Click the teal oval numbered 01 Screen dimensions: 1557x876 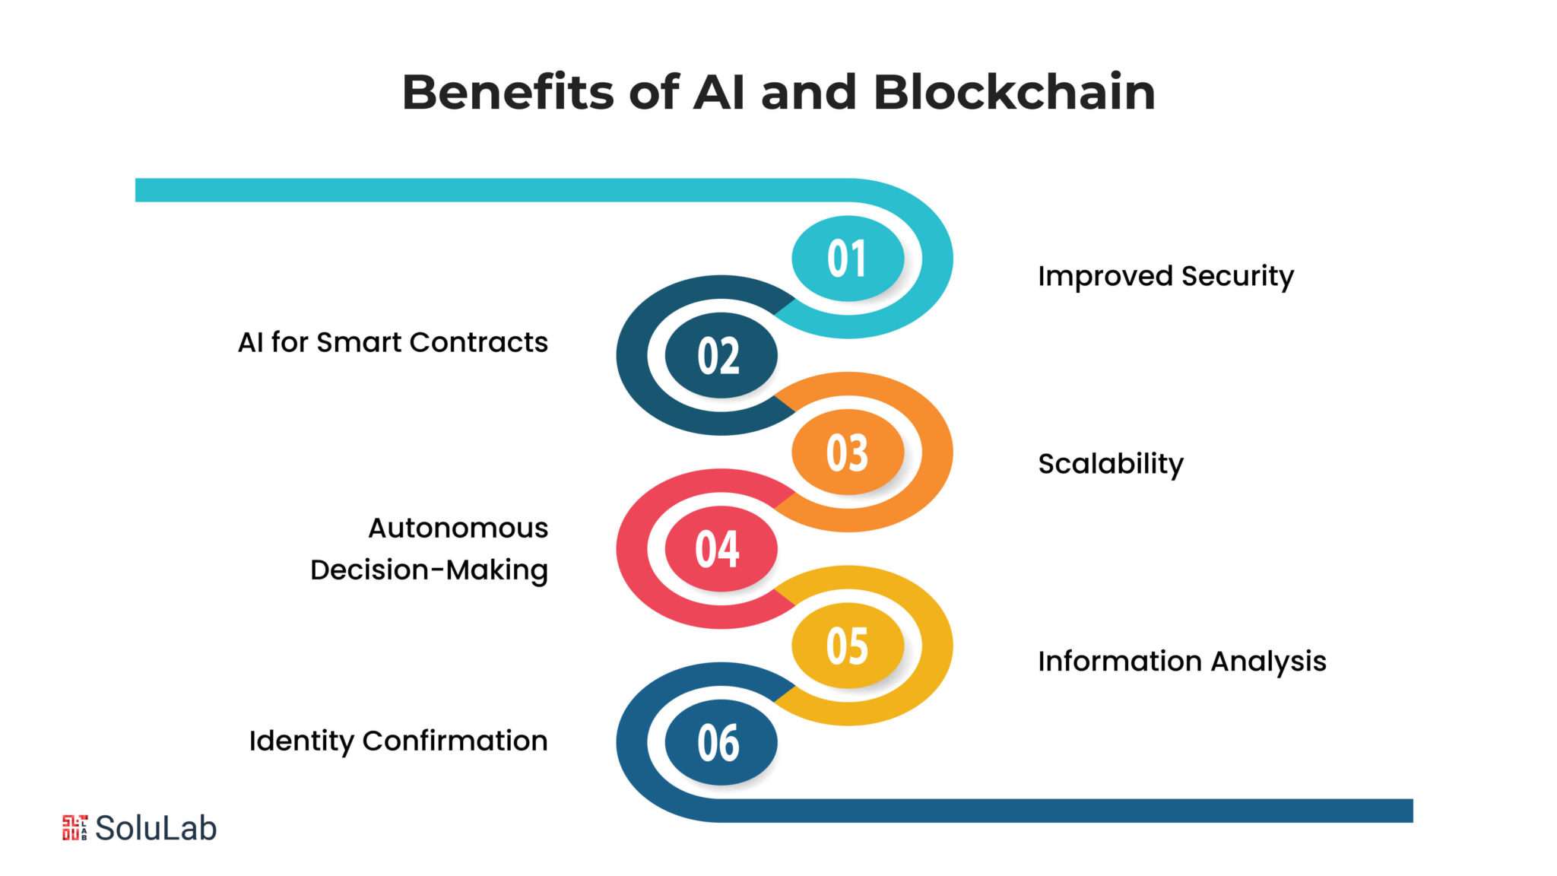coord(848,259)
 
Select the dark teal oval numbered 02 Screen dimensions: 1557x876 coord(721,355)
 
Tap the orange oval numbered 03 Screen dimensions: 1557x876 coord(848,452)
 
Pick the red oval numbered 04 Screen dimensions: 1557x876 coord(721,548)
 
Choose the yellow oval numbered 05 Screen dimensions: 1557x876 coord(848,646)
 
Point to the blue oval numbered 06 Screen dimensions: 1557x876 coord(721,742)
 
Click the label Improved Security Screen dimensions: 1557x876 coord(1165,277)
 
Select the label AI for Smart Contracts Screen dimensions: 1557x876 coord(393,343)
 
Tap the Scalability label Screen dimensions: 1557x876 coord(1111,464)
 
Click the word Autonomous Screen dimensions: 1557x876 coord(458,528)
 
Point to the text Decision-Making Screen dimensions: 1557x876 coord(429,570)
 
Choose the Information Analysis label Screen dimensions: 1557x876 coord(1182,662)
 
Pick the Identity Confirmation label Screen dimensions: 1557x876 coord(398,741)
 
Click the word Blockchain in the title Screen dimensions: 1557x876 coord(1014,92)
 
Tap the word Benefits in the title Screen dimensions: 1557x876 coord(508,92)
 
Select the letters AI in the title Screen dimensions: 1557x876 coord(719,93)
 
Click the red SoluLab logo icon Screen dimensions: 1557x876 coord(75,828)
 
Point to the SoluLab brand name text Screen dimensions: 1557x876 coord(156,828)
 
